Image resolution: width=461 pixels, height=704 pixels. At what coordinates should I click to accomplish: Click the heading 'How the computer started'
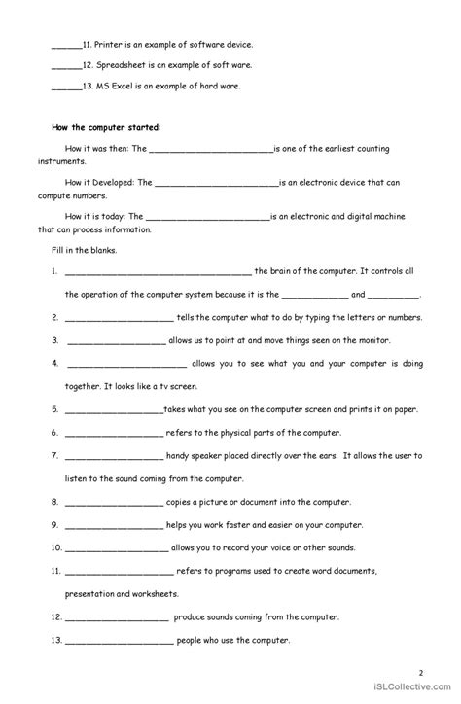point(104,127)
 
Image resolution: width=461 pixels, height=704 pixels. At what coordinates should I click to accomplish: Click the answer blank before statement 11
point(65,45)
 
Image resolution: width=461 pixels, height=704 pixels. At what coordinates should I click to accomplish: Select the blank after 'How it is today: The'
point(207,217)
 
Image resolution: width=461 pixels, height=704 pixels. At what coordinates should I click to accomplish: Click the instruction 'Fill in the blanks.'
point(85,251)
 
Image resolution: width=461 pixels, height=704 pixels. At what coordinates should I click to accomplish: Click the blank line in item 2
point(120,318)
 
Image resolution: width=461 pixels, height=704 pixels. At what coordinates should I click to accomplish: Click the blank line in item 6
point(114,433)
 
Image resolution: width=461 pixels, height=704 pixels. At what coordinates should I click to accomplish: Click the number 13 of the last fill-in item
point(56,640)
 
